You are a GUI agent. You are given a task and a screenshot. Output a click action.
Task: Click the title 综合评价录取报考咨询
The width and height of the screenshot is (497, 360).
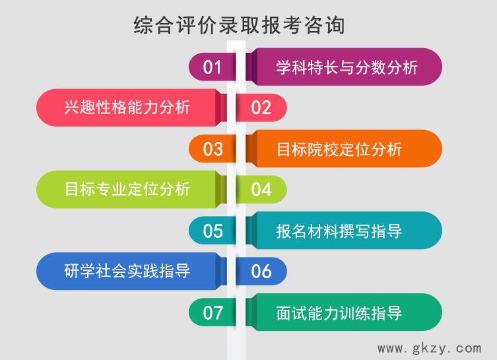pos(239,25)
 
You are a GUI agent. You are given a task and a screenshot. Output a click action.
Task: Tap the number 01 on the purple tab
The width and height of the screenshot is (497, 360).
pos(213,67)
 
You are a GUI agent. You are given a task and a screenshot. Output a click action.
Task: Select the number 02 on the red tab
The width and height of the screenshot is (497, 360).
pos(261,108)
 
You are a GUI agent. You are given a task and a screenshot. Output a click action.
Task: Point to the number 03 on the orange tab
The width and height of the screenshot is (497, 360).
pos(213,149)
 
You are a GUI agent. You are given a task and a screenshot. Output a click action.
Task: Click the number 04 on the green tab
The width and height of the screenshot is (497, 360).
pos(261,190)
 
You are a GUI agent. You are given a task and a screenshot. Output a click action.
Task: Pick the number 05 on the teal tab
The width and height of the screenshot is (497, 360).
pos(213,231)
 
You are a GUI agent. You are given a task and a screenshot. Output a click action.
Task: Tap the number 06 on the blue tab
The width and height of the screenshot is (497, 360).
pos(261,271)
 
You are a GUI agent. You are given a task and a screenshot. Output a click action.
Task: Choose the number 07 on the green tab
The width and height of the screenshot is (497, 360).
pos(213,312)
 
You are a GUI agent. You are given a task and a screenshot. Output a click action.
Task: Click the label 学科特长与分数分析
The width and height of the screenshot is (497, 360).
pos(347,67)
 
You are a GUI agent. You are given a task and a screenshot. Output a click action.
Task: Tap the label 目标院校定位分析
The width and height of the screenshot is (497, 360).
pos(339,149)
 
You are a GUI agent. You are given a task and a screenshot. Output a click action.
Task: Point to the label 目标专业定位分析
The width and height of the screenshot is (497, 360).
pos(127,189)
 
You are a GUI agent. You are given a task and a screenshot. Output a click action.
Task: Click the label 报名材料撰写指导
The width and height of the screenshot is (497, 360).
pos(339,231)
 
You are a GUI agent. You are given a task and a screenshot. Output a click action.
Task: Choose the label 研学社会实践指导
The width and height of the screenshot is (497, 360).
pos(127,271)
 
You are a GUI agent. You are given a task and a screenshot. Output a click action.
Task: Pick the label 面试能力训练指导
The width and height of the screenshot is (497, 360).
pos(339,312)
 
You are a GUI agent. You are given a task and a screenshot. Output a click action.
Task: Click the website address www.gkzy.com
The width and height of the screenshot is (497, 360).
pos(429,347)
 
